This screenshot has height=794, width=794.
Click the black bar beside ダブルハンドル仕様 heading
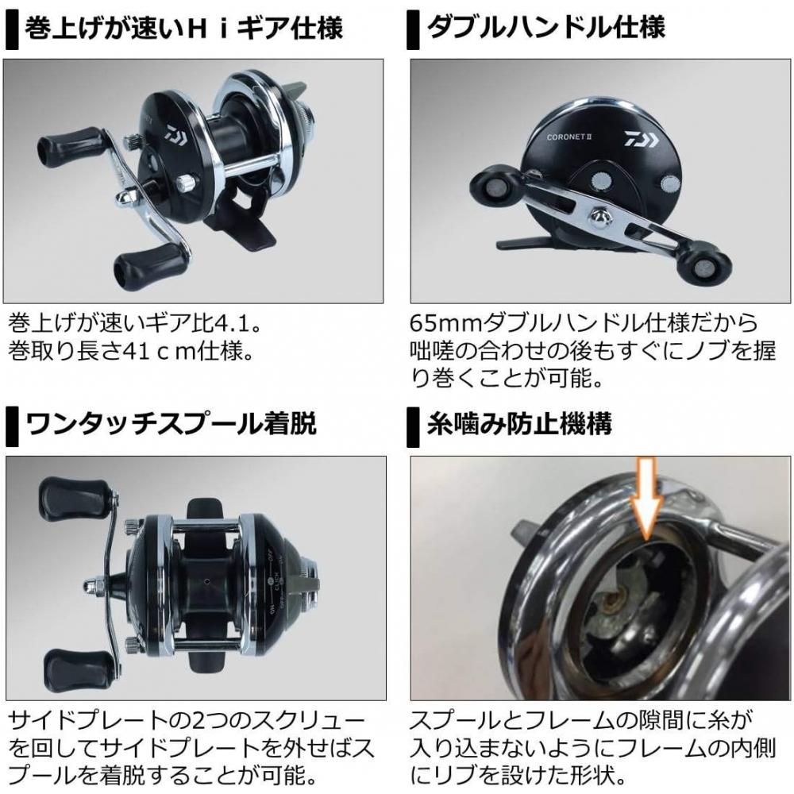412,30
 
